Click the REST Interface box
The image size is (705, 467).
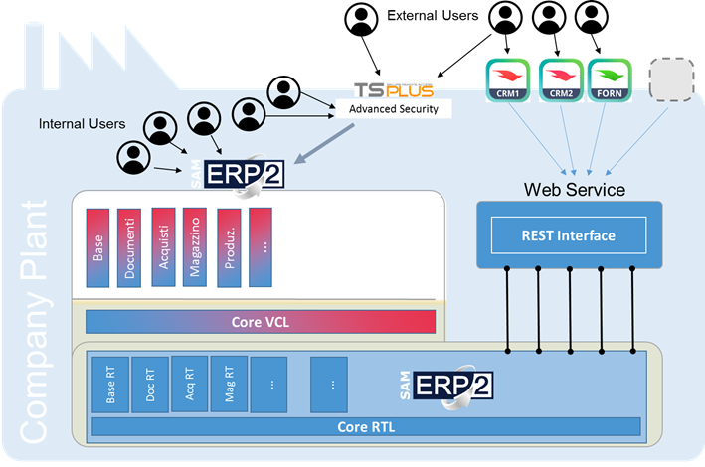(x=568, y=235)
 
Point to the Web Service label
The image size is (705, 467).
(x=575, y=189)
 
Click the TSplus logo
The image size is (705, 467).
(x=394, y=90)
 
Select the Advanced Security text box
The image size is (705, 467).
(x=394, y=109)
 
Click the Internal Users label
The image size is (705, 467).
(x=83, y=124)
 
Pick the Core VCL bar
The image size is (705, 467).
(x=261, y=322)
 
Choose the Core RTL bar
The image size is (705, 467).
(x=366, y=427)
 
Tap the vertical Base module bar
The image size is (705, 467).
(x=98, y=247)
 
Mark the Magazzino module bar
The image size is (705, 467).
(x=195, y=247)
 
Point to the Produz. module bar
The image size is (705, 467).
(x=229, y=247)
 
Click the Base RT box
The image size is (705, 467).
(x=108, y=385)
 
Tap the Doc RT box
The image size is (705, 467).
(x=149, y=385)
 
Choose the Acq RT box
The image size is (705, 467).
(x=189, y=385)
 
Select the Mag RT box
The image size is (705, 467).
(x=228, y=385)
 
